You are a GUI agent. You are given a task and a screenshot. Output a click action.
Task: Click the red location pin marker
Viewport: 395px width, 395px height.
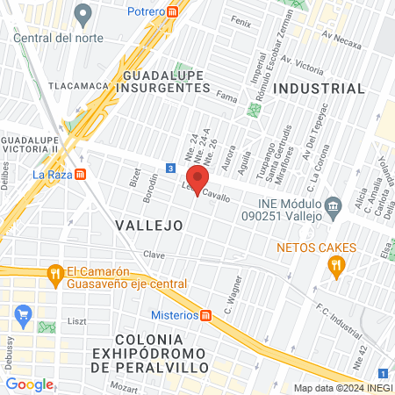[194, 176]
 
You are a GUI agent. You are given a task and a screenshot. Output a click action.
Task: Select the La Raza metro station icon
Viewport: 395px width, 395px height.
[81, 174]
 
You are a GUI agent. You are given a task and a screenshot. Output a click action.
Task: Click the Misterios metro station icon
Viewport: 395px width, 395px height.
[205, 315]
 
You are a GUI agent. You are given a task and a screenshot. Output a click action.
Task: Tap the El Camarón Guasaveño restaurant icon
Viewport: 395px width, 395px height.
[54, 272]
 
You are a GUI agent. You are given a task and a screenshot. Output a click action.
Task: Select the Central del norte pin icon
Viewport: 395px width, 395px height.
[83, 15]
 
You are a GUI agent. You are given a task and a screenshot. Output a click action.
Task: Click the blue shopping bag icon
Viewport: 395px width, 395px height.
[24, 313]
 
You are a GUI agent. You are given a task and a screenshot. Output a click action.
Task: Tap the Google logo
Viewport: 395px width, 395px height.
[29, 384]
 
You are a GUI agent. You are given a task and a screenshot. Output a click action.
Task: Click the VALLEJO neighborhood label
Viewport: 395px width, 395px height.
[149, 226]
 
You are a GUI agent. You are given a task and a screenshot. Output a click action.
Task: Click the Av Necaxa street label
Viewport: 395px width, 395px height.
[341, 37]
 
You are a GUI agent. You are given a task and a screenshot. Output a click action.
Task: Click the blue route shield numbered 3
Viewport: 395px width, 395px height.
[169, 168]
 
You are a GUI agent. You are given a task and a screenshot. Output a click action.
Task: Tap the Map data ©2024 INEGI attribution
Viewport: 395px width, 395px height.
[342, 388]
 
